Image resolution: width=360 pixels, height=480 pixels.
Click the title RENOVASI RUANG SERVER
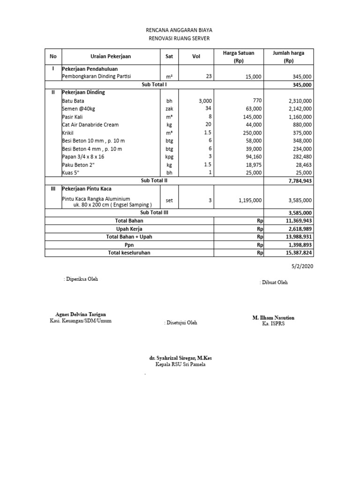point(180,38)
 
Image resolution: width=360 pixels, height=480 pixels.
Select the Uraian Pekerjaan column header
point(111,56)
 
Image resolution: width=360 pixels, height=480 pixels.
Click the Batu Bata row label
point(74,101)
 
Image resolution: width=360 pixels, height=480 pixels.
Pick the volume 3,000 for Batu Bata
point(205,101)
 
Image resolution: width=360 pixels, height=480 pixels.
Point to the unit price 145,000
point(252,117)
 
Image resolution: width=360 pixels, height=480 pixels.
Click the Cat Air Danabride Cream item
point(90,125)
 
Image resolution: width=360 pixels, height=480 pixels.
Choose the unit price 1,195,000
point(250,201)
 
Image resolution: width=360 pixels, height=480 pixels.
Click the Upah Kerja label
point(129,229)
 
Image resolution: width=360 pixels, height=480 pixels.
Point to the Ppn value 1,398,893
point(299,245)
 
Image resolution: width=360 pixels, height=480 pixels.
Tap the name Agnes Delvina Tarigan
point(81,314)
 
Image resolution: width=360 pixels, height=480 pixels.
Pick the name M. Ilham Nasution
point(274,318)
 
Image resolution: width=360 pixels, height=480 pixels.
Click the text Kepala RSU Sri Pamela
point(180,364)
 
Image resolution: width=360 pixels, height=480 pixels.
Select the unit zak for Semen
point(169,109)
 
